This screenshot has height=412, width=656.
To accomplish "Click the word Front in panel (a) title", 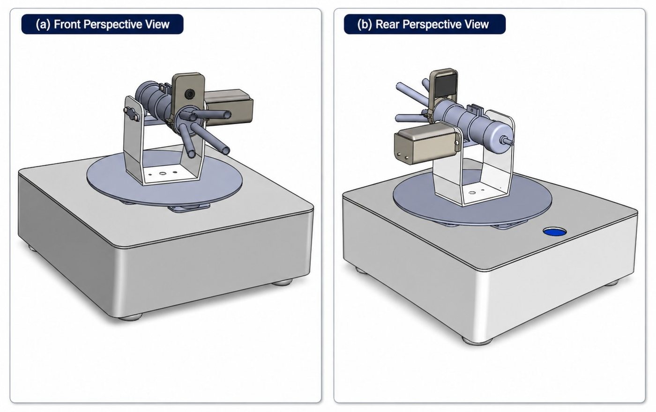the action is [x=67, y=24].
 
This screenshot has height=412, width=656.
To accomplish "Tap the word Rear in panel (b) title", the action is [x=387, y=24].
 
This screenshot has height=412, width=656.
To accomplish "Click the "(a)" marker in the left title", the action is [x=43, y=24].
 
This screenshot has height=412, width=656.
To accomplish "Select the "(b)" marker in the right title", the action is [x=365, y=24].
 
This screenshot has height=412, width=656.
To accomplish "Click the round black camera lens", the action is [x=189, y=94].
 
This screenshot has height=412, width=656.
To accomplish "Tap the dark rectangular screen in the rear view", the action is [x=446, y=85].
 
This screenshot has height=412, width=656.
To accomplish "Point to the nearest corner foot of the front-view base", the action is [x=130, y=316].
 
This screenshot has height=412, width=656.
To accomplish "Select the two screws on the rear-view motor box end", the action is [x=403, y=155].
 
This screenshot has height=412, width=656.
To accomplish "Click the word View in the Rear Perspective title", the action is [x=478, y=24].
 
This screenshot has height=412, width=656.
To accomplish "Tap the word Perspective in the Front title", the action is [x=112, y=24].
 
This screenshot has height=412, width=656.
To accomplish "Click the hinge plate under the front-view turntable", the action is [x=190, y=208].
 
